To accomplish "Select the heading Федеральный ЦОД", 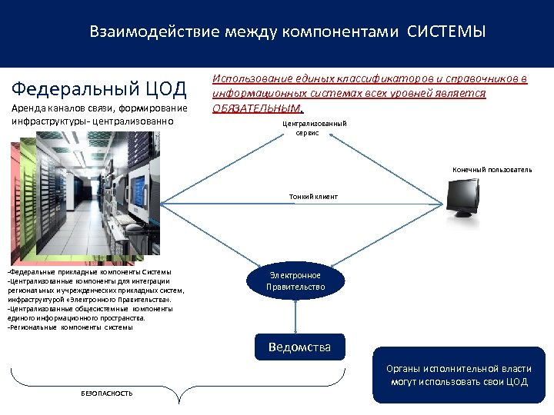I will click(101, 88).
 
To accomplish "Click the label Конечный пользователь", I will click(492, 169).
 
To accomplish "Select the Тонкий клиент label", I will click(313, 197).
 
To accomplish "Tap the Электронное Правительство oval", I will click(295, 281).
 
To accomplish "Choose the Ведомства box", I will click(299, 347).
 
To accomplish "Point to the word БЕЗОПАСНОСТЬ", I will click(107, 393).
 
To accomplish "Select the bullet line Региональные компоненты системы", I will click(69, 327).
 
